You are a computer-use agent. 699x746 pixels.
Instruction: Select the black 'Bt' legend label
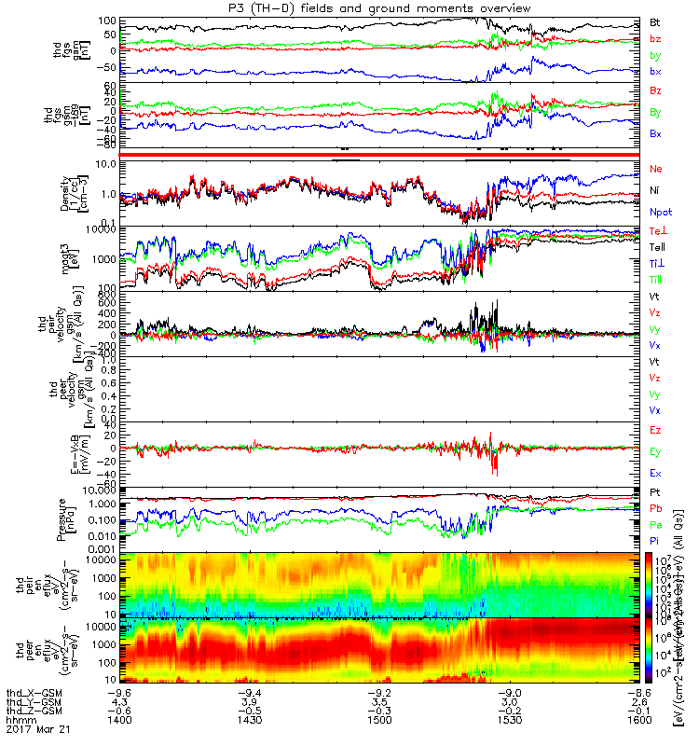pos(655,21)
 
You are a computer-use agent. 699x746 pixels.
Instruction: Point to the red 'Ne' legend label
pos(656,169)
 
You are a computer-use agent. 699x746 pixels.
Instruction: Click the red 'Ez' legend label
pos(655,430)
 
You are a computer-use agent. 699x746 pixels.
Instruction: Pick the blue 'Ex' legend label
pos(655,474)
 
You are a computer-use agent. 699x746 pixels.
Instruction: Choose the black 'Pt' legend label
pos(655,491)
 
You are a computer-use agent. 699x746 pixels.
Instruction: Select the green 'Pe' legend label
pos(655,525)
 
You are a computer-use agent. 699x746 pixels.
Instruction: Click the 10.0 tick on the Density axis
pos(103,164)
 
